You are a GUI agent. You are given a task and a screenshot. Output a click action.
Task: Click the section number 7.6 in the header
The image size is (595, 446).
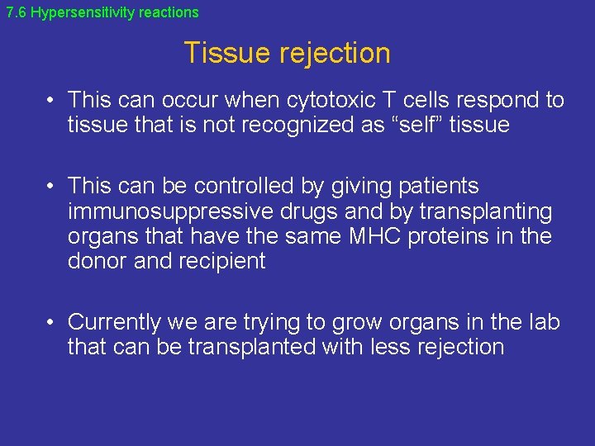point(16,12)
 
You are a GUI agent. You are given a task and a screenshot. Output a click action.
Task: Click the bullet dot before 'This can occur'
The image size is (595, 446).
point(51,101)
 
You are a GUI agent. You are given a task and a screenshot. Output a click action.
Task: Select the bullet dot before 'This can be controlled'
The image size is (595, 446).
point(51,187)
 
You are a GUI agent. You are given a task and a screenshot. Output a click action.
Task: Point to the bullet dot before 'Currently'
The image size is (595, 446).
point(51,322)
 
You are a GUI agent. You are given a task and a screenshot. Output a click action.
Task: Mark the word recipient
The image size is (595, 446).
point(223,262)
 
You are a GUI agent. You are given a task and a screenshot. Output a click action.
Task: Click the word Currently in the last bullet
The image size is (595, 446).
point(115,322)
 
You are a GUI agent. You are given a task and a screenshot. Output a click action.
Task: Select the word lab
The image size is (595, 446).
point(541,322)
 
